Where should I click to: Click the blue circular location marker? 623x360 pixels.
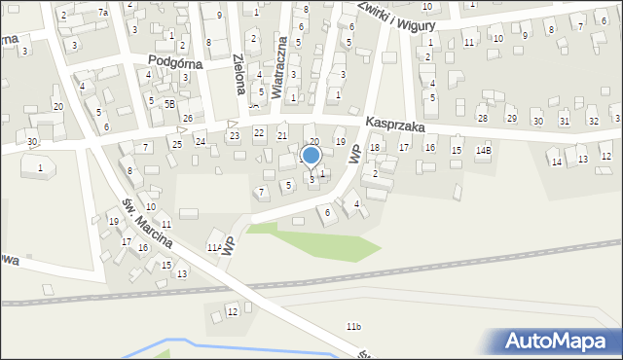[311, 155]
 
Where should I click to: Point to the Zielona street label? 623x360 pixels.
[238, 73]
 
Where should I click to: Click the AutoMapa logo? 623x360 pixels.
[559, 341]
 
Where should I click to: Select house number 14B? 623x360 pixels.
[484, 151]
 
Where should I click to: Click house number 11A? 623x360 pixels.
[214, 248]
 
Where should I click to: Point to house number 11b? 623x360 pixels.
[353, 327]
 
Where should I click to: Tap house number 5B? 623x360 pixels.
[169, 103]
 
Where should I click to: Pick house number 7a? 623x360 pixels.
[103, 12]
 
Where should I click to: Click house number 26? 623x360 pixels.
[188, 119]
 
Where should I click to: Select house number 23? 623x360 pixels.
[234, 135]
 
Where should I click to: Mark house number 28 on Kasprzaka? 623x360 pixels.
[482, 118]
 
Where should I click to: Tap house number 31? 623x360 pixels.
[565, 121]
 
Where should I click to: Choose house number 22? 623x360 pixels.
[259, 132]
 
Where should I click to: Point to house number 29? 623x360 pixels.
[512, 119]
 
